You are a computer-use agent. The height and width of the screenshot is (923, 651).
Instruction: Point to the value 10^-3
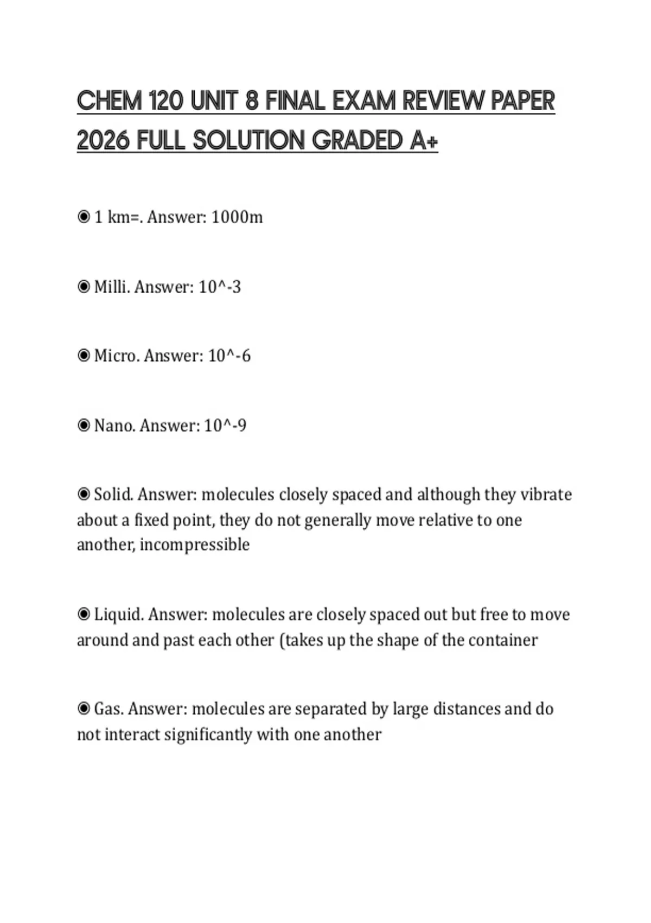(x=219, y=287)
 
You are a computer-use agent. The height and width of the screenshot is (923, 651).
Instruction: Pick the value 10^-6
(x=229, y=356)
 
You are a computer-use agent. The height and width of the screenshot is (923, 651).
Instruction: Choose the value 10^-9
(x=225, y=425)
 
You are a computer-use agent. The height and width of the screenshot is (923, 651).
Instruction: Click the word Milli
(x=112, y=287)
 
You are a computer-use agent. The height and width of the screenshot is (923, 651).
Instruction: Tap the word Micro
(x=117, y=356)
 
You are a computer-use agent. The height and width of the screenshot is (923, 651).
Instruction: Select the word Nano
(x=114, y=425)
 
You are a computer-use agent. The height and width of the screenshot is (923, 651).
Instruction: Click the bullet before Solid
(x=84, y=494)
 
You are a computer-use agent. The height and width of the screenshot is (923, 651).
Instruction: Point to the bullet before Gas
(x=84, y=709)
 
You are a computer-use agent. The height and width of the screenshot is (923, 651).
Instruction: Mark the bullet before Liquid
(x=84, y=614)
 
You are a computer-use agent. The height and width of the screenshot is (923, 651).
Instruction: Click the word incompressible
(x=195, y=545)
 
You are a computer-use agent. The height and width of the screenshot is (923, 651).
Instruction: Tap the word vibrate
(x=546, y=495)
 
